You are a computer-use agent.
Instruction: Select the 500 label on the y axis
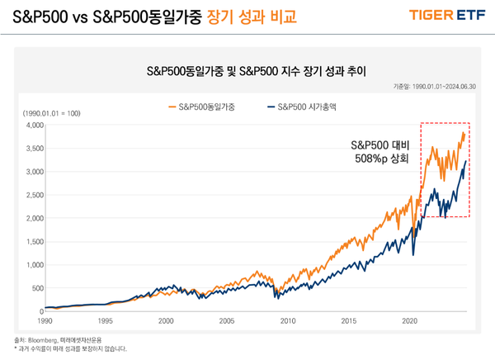35,288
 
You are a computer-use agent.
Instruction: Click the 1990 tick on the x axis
45,320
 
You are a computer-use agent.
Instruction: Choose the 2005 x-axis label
227,320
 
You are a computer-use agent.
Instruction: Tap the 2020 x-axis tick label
409,320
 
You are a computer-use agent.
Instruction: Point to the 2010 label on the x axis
288,320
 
